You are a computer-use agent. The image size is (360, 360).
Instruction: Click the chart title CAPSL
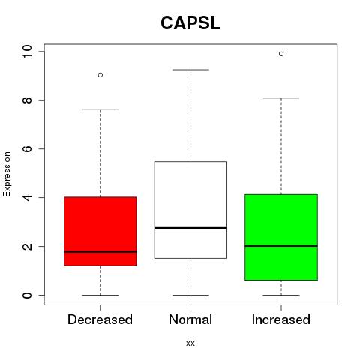[190, 23]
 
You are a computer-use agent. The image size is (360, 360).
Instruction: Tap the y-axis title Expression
[7, 174]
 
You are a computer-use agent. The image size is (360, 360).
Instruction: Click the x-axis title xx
[190, 343]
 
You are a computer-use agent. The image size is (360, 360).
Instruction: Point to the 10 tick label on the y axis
[27, 52]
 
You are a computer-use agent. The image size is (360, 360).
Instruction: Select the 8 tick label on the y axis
[27, 100]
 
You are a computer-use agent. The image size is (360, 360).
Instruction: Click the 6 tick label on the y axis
[27, 148]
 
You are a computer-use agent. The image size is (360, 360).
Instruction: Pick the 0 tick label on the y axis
[27, 295]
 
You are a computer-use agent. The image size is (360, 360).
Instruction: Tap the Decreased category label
[100, 319]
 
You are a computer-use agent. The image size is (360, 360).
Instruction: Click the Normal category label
[190, 319]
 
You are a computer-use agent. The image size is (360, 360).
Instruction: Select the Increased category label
[281, 319]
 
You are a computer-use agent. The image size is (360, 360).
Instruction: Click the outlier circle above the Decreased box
[100, 75]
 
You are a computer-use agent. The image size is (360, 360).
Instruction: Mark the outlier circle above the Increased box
[281, 54]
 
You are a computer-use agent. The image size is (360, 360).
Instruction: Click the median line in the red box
[100, 251]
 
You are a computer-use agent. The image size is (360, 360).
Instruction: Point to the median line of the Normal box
[190, 228]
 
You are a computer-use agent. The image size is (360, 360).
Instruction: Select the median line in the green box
[281, 246]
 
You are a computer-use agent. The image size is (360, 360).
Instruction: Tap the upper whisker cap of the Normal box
[190, 70]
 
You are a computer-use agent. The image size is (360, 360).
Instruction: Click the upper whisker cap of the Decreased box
[100, 109]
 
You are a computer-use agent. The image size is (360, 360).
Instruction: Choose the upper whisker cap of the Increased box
[281, 98]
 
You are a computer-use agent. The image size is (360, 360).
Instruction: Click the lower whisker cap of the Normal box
[190, 295]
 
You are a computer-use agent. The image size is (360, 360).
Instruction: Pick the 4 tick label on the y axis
[27, 197]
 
